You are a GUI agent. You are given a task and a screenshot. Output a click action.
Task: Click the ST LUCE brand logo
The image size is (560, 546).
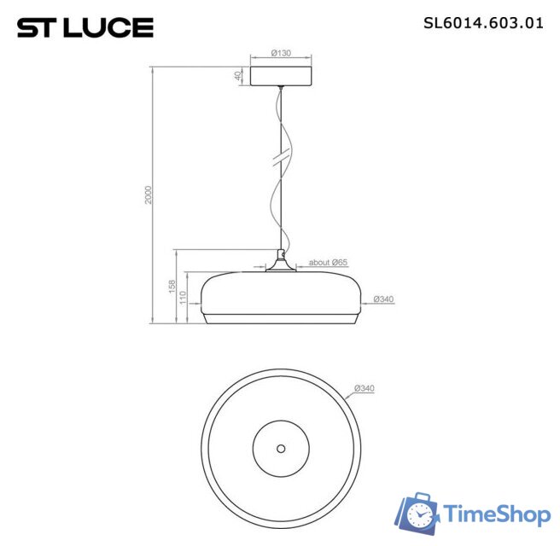click(85, 27)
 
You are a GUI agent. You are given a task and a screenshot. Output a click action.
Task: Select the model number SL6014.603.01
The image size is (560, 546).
click(483, 23)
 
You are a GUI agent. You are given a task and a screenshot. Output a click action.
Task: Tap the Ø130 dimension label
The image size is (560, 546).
click(281, 53)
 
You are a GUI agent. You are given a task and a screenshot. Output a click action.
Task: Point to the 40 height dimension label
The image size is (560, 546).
click(238, 76)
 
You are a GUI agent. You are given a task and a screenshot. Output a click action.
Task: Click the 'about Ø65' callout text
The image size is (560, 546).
click(328, 262)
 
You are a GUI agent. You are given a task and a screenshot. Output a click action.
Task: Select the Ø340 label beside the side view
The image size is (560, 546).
click(383, 299)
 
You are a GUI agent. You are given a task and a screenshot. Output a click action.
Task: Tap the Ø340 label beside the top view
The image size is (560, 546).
click(365, 389)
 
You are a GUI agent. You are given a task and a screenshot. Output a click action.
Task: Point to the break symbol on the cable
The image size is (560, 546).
click(280, 160)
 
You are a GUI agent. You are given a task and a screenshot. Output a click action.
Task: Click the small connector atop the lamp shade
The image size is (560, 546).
click(280, 255)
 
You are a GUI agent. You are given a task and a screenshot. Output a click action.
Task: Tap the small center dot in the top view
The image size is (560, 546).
click(280, 447)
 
